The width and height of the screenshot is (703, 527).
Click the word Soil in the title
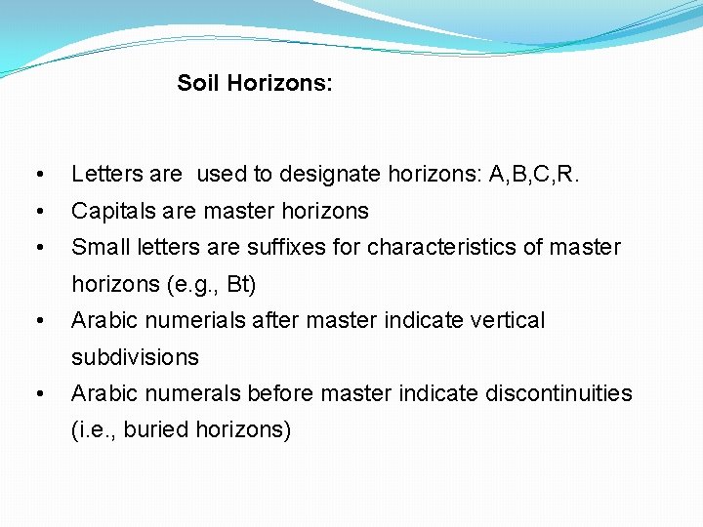tap(198, 84)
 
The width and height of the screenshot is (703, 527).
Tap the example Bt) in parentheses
tap(240, 285)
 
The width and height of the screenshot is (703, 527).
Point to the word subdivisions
tap(135, 357)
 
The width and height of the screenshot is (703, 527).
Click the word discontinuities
tap(556, 393)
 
